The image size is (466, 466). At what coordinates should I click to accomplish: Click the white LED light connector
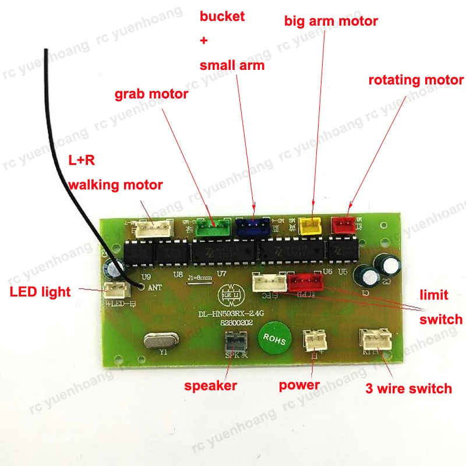[115, 290]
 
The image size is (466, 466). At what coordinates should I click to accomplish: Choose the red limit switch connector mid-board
[303, 283]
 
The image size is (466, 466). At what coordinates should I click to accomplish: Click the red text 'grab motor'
[151, 94]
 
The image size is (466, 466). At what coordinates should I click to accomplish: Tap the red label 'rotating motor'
[416, 80]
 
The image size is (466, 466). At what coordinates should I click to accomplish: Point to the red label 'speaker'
[211, 386]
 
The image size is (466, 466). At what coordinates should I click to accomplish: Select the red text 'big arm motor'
[331, 22]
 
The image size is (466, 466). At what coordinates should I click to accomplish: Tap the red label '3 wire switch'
[408, 389]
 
